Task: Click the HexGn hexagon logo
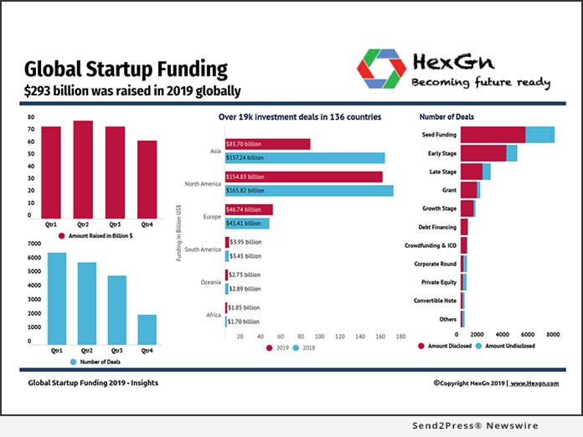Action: [x=381, y=69]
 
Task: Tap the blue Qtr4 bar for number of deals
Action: [x=147, y=328]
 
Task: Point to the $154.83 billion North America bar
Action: [x=304, y=177]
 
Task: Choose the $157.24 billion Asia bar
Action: [x=305, y=157]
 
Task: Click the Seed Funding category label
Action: [x=439, y=134]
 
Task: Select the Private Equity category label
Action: [x=439, y=282]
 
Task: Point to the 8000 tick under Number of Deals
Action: [x=553, y=334]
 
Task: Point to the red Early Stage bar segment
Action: [x=483, y=153]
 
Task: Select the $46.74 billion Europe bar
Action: [x=249, y=209]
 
